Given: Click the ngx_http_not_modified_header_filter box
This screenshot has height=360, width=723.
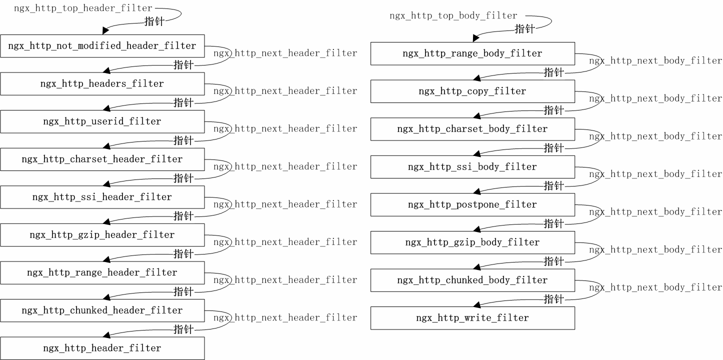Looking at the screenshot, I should point(102,46).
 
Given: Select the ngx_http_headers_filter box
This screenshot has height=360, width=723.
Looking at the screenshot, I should point(102,83).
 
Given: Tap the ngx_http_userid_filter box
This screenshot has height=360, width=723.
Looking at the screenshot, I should point(102,121).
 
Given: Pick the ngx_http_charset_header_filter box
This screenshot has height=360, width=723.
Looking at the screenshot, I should point(102,159).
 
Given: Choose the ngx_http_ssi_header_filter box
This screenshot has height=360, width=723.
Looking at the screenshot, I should point(102,197).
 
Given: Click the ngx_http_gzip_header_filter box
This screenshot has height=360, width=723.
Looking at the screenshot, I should point(102,234).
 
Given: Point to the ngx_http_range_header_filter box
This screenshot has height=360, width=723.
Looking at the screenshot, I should point(102,272).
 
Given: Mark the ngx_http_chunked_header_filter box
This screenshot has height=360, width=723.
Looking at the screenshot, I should point(102,310).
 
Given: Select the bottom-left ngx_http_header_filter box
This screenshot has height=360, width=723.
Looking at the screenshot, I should point(102,348).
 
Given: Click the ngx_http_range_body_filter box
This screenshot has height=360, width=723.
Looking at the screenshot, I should point(472,53).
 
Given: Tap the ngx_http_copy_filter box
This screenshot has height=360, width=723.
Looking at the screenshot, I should point(472,91).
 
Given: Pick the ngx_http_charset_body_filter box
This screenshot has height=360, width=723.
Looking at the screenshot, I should point(472,129).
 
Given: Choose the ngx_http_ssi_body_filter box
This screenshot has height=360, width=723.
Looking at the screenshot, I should point(472,167).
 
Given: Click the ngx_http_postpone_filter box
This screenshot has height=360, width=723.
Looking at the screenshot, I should point(472,204).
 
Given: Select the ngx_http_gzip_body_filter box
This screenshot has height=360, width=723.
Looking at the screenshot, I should point(472,242).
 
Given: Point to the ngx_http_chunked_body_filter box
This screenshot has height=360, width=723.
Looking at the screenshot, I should point(472,280).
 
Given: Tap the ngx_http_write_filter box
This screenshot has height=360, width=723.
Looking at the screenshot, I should point(472,318).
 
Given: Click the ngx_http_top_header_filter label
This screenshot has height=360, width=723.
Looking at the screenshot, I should point(83,8).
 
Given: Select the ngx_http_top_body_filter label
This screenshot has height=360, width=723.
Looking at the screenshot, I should point(453,16).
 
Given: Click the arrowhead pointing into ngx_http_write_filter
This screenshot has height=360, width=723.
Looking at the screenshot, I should point(477,303).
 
